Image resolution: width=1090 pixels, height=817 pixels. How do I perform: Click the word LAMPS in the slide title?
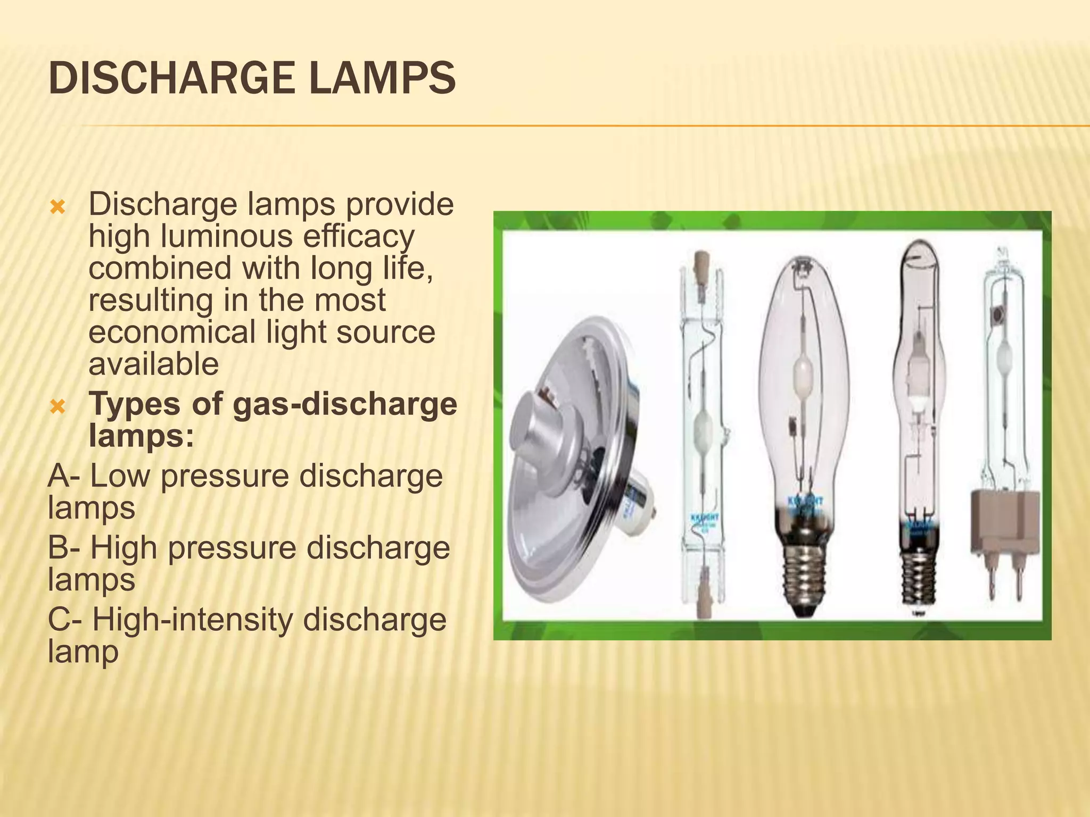point(382,79)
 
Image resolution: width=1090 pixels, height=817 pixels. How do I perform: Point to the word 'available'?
point(153,364)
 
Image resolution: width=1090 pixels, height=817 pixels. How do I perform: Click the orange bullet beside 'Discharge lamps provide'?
point(57,206)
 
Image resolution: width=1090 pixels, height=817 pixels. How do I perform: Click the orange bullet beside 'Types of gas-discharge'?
point(57,407)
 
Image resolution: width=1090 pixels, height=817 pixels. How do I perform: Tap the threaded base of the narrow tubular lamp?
point(918,580)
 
